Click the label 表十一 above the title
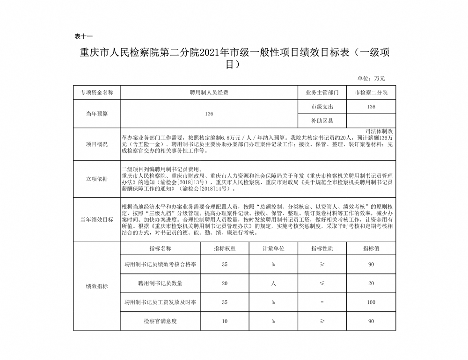(84, 36)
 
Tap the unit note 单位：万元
(371, 78)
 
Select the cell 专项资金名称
(96, 93)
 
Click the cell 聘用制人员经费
(209, 93)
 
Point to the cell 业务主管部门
(322, 93)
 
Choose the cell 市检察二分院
(371, 93)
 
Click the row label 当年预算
(96, 114)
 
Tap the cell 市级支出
(322, 107)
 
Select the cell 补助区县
(322, 121)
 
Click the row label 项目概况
(96, 144)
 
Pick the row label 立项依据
(96, 179)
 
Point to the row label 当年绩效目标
(96, 219)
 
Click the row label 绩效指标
(96, 286)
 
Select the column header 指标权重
(224, 248)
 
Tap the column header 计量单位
(273, 248)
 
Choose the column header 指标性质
(322, 248)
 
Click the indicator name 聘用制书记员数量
(160, 283)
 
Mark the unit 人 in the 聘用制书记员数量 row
(273, 283)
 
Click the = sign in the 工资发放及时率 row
(322, 302)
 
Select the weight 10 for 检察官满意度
(224, 321)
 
